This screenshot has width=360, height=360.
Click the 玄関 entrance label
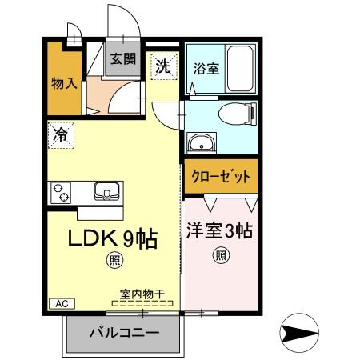(x=122, y=58)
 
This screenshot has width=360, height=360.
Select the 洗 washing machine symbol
(x=162, y=66)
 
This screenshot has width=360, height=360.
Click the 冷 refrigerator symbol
(x=60, y=134)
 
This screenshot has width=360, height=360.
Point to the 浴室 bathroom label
(x=206, y=69)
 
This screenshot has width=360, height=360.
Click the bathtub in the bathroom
(x=239, y=68)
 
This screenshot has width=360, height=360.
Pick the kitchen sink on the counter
(x=106, y=191)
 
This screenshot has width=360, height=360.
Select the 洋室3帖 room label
(x=220, y=231)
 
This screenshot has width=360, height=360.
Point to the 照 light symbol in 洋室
(x=220, y=255)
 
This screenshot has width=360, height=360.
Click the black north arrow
(x=299, y=332)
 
